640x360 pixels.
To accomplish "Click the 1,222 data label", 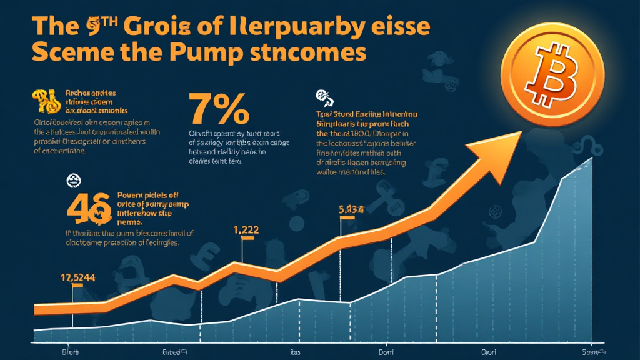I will point(246,229).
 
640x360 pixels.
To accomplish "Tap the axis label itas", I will point(295,352).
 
